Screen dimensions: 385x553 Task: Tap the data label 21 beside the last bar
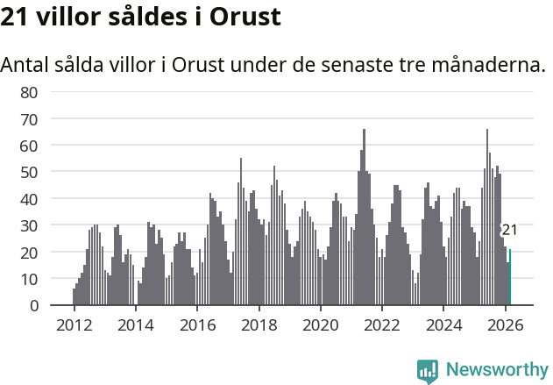(509, 230)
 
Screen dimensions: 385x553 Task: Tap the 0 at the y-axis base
(33, 305)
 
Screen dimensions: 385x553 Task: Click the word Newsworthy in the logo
(496, 369)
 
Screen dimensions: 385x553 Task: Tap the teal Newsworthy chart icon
(428, 370)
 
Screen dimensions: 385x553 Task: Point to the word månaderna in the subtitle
(488, 65)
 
